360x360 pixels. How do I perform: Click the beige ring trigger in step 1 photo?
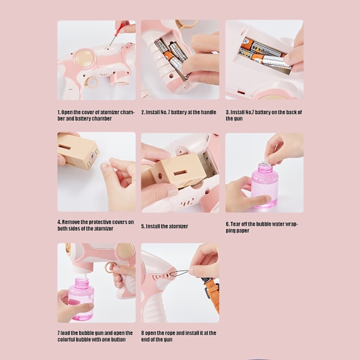coord(92,82)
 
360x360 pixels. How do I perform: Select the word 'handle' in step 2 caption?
coord(208,112)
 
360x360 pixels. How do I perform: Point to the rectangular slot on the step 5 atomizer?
coord(180,173)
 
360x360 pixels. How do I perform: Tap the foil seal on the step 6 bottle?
coord(266,164)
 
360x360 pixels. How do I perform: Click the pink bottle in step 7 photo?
coord(81,299)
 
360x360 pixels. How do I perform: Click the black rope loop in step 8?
coord(179,273)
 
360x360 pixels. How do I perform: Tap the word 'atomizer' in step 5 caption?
coord(178,226)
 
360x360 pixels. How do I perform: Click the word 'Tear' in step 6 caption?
coord(235,224)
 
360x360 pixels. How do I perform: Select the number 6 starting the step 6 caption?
coord(227,224)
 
